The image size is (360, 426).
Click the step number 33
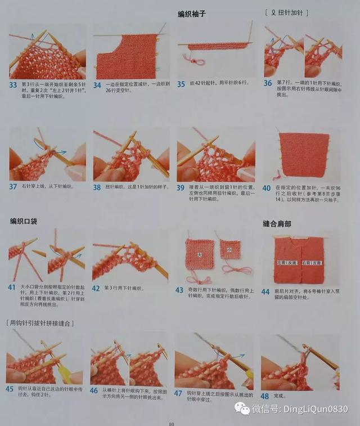click(x=13, y=84)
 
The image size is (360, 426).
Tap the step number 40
click(x=266, y=187)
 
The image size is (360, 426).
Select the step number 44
click(x=265, y=290)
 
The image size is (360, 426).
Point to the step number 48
click(x=265, y=396)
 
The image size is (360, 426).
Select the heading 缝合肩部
click(x=276, y=223)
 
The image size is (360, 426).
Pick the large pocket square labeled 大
click(x=200, y=255)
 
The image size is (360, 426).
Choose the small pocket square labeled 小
click(x=229, y=249)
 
